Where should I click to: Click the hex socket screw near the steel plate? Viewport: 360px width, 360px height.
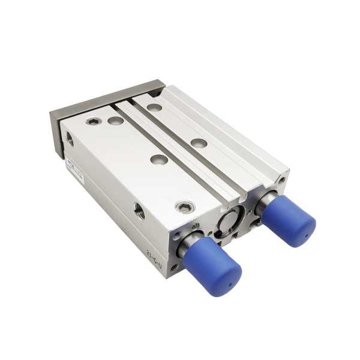(x=92, y=122)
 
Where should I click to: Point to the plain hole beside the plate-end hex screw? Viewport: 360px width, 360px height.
(x=115, y=121)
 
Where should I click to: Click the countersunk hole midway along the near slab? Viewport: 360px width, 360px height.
(x=158, y=160)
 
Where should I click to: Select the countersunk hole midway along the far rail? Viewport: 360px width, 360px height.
(x=199, y=143)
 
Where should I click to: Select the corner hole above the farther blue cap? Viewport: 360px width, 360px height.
(x=281, y=179)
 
